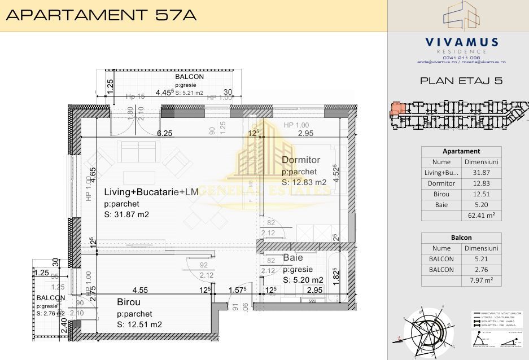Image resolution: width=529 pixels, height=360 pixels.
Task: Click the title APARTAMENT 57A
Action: [101, 15]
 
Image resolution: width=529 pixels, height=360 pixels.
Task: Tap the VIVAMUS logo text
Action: [461, 42]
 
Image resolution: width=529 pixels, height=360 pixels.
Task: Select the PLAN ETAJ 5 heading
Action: [461, 81]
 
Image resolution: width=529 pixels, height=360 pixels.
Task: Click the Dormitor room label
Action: [301, 160]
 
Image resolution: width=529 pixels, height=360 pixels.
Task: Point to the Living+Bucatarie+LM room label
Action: [151, 192]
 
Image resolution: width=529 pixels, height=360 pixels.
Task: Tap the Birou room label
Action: [129, 302]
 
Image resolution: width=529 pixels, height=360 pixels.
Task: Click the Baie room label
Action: [293, 258]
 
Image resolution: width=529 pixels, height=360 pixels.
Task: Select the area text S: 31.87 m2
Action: [126, 214]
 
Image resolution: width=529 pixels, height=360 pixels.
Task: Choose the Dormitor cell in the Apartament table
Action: [441, 183]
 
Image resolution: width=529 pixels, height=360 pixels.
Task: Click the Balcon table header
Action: [461, 238]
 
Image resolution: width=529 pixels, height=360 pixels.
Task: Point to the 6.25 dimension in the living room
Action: [164, 133]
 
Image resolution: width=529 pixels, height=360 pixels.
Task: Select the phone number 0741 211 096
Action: [461, 57]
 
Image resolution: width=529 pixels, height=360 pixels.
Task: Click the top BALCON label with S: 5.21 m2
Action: [190, 77]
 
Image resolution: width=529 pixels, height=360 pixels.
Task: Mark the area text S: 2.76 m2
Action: [51, 313]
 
